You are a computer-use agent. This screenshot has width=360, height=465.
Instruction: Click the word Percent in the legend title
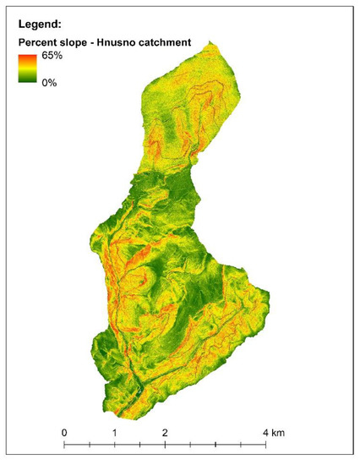click(38, 41)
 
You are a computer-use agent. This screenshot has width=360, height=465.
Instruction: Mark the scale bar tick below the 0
click(65, 444)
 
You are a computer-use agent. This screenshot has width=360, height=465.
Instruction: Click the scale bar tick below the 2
click(165, 444)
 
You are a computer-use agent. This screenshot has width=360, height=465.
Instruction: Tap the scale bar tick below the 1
click(115, 444)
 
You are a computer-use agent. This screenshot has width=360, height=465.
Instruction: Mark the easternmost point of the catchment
click(270, 297)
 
